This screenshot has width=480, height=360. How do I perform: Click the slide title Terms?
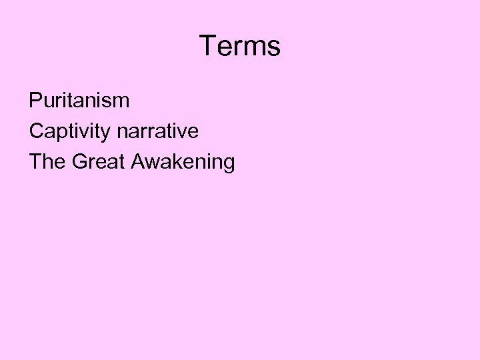point(240,46)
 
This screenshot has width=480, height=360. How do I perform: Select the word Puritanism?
point(79,101)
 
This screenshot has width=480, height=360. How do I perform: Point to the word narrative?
point(157,131)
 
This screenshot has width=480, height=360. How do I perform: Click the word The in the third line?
point(46,162)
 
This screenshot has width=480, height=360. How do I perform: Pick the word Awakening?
point(183,162)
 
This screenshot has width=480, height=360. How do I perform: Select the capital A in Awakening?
point(139,162)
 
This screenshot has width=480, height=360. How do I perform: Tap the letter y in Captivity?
point(107,133)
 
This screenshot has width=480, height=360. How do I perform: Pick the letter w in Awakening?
point(153,162)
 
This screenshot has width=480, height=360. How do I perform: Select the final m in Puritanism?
point(121,101)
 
